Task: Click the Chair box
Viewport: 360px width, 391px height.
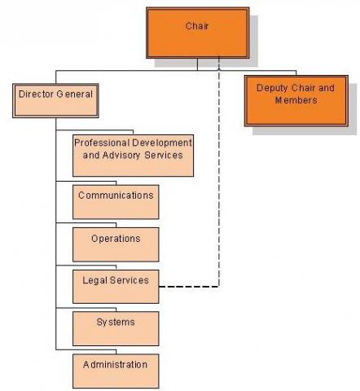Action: tap(198, 33)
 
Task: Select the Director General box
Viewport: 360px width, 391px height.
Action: tap(55, 101)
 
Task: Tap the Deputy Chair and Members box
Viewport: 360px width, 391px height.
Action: tap(296, 101)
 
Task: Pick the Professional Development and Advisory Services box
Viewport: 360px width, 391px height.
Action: tap(133, 156)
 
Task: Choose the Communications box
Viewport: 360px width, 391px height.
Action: tap(116, 202)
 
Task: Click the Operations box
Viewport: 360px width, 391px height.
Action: tap(116, 244)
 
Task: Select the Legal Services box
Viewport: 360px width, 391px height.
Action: tap(116, 287)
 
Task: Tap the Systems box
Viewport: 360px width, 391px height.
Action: tap(116, 328)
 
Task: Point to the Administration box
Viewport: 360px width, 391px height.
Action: tap(116, 371)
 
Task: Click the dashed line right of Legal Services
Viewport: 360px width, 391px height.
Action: tap(219, 201)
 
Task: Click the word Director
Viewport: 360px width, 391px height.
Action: tap(36, 94)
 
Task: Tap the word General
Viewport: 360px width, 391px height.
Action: tap(75, 94)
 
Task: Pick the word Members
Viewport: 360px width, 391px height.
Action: tap(296, 100)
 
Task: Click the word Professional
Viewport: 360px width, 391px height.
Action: tap(102, 143)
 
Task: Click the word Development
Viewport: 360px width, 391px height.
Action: tap(162, 143)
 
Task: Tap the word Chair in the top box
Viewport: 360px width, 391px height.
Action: tap(197, 26)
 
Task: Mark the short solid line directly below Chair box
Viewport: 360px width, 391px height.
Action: tap(197, 64)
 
